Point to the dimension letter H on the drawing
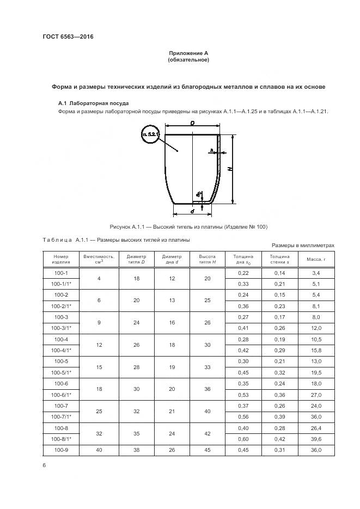click(x=231, y=169)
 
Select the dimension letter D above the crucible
click(x=193, y=124)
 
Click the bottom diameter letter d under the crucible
click(x=192, y=211)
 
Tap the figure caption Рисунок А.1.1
click(x=188, y=226)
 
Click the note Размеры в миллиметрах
click(x=302, y=246)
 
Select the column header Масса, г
click(x=315, y=259)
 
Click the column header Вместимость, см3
click(x=99, y=259)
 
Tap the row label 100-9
click(x=60, y=450)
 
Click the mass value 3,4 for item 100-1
click(x=315, y=272)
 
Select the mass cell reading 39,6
click(x=315, y=439)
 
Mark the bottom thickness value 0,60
click(x=243, y=439)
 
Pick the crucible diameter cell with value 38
click(x=136, y=450)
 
